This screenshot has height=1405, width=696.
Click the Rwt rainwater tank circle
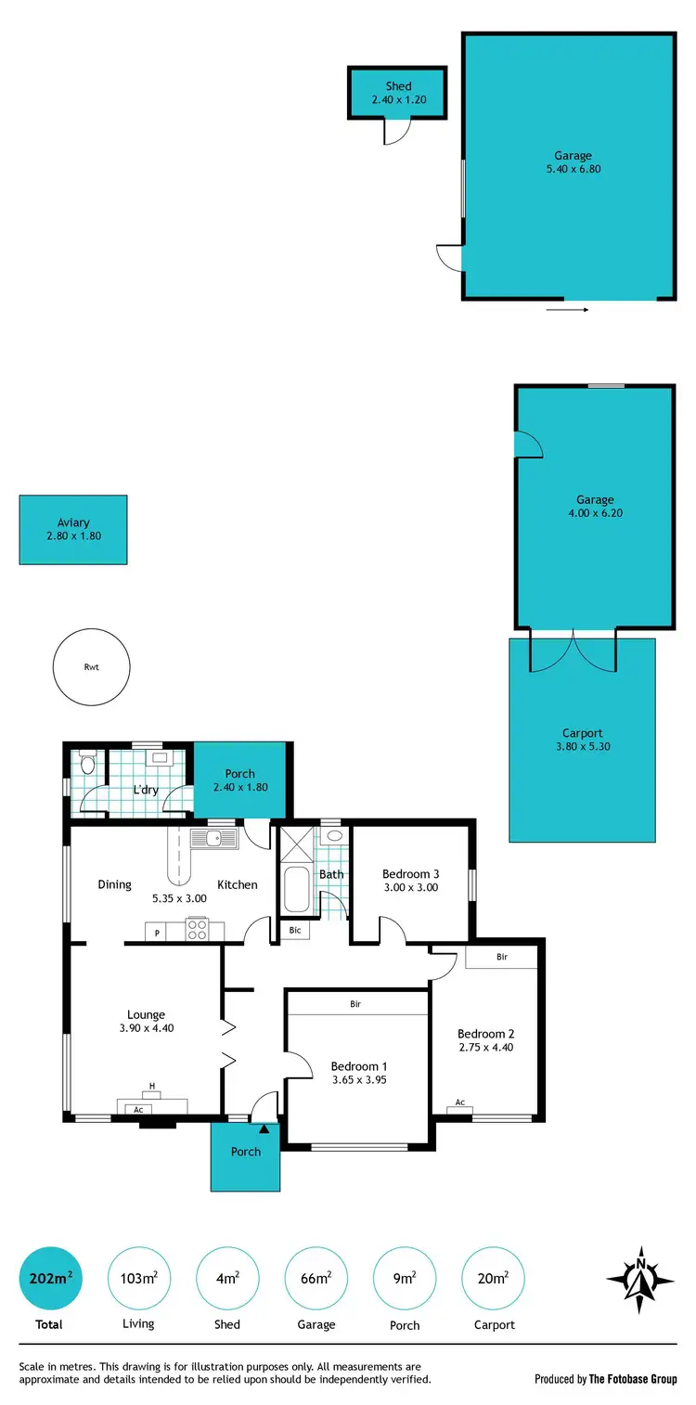[x=91, y=666]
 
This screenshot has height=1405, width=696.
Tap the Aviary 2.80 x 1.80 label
[x=73, y=530]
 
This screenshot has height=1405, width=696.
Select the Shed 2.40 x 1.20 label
[x=398, y=93]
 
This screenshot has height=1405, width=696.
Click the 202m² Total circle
[x=49, y=1278]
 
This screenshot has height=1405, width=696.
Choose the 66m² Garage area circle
[x=316, y=1278]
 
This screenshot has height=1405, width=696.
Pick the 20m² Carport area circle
[x=494, y=1278]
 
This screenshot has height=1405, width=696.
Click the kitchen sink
[x=214, y=839]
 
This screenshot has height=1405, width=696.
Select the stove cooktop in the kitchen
[x=197, y=929]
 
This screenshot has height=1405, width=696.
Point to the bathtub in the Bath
[x=297, y=889]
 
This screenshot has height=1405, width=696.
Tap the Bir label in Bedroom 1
[x=355, y=1004]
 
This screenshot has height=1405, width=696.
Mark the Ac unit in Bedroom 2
[x=460, y=1103]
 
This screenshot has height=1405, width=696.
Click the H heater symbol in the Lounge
[x=151, y=1087]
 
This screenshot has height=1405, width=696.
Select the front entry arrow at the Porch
[x=264, y=1129]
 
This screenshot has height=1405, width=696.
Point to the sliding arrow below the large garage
[x=567, y=309]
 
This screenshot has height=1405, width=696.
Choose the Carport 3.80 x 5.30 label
[x=583, y=740]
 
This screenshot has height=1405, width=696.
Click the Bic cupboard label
[x=295, y=929]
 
